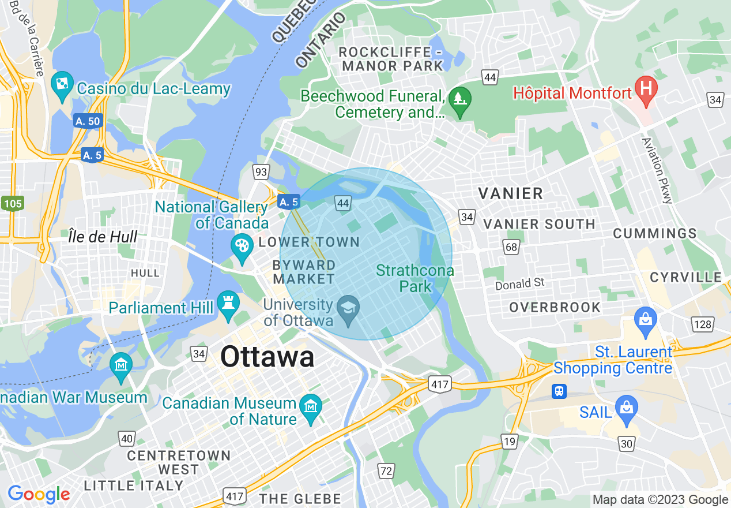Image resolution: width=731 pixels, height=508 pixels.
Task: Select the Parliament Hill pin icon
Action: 228,303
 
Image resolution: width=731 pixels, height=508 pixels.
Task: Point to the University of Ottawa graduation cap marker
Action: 348,307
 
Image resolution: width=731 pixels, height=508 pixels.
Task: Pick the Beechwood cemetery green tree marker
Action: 460,99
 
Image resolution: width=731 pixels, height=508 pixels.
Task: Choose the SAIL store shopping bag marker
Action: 627,406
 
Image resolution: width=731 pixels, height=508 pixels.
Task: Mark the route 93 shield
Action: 261,171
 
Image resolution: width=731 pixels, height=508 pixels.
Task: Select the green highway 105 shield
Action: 12,203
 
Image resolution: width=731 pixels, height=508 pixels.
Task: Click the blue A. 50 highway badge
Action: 88,121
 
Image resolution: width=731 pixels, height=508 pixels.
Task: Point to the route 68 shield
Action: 511,247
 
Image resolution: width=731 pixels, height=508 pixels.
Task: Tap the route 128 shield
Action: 703,324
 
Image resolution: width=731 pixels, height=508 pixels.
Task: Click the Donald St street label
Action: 520,284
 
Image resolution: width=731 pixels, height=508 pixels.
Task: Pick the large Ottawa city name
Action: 267,357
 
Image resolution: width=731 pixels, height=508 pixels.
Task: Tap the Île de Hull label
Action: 103,237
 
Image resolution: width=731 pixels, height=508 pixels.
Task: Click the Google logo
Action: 39,494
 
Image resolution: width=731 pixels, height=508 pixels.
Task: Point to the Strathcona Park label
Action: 415,278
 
